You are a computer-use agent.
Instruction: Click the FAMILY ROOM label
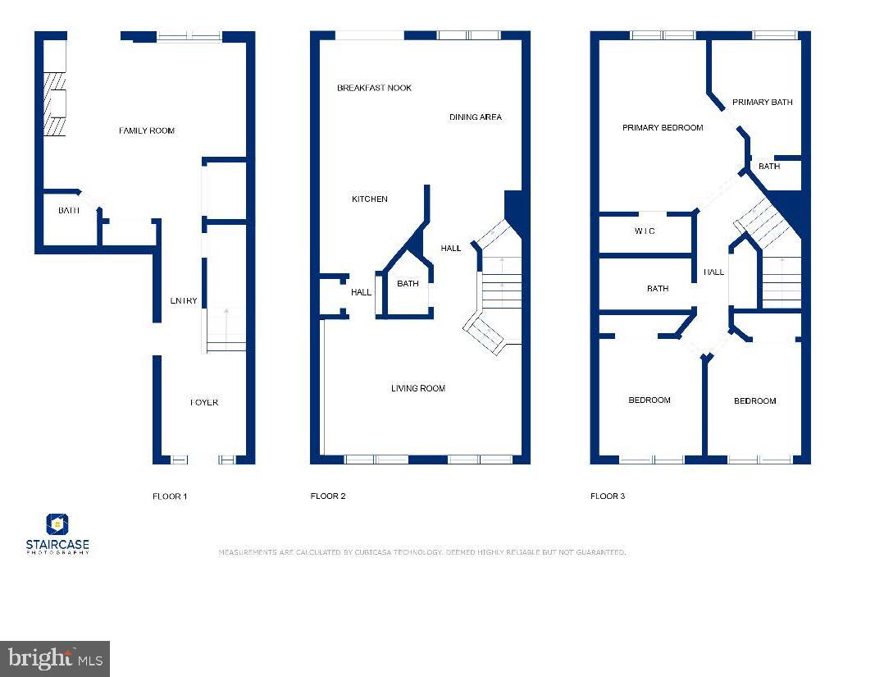(x=147, y=130)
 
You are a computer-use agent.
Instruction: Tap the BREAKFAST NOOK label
(x=374, y=88)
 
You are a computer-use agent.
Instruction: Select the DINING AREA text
(x=475, y=117)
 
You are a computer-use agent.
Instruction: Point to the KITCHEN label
(x=369, y=199)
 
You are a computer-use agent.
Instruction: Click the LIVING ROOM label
(x=417, y=388)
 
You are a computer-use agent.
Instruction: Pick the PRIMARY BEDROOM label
(x=663, y=128)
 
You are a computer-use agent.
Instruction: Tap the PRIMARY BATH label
(x=762, y=103)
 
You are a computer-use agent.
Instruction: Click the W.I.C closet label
(x=645, y=231)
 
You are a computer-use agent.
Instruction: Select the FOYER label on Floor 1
(x=204, y=403)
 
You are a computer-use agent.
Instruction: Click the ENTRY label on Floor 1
(x=184, y=301)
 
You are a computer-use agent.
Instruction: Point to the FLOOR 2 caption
(x=328, y=496)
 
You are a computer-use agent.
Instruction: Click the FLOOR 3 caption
(x=608, y=496)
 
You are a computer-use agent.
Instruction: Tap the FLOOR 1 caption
(x=170, y=496)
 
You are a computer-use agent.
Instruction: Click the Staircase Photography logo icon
(x=57, y=524)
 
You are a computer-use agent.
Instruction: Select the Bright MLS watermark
(x=55, y=658)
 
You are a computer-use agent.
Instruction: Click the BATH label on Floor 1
(x=69, y=211)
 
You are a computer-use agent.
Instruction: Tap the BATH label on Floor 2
(x=408, y=284)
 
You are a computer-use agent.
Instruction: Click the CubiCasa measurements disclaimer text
(x=422, y=552)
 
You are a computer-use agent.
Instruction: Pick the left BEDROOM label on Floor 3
(x=649, y=400)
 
